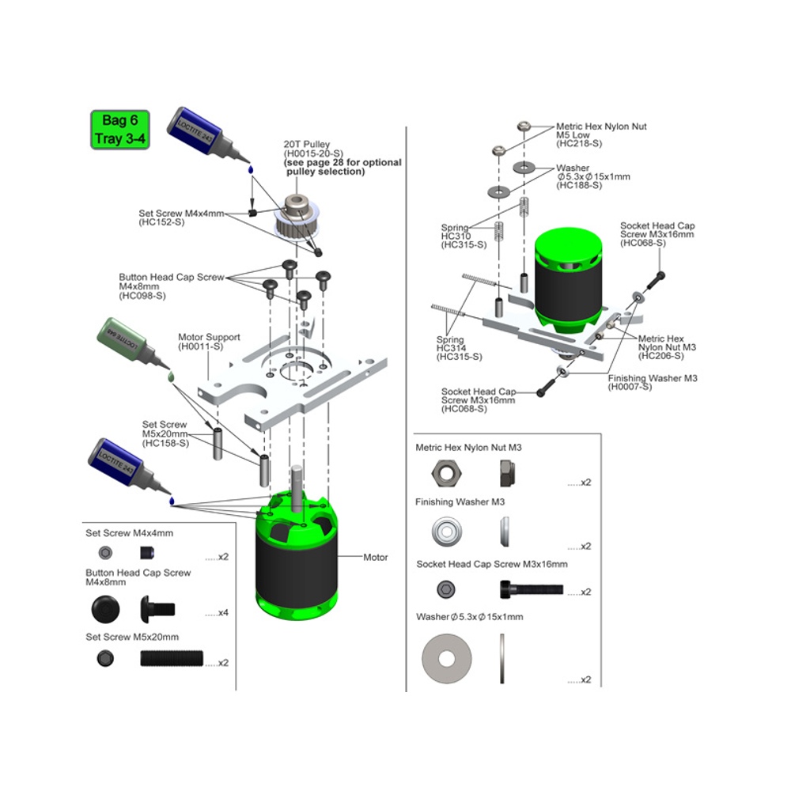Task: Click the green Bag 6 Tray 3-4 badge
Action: coord(119,130)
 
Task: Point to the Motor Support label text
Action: coord(209,337)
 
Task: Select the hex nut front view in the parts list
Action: coord(442,475)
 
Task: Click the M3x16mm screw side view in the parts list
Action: coord(530,589)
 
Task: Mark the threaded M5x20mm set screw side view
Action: coord(172,658)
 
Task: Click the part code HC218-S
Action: coord(580,144)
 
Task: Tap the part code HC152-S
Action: coord(161,222)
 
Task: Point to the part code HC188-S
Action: coord(580,185)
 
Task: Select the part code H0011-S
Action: coord(199,346)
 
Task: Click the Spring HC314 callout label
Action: coord(450,348)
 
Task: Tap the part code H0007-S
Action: coord(630,387)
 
